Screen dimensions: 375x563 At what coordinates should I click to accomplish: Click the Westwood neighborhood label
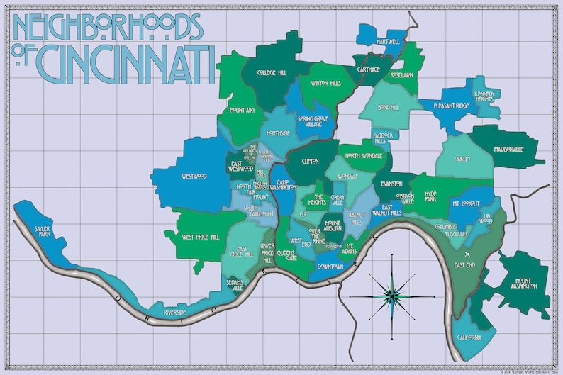(x=194, y=176)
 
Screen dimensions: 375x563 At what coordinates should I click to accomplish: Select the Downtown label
(x=330, y=267)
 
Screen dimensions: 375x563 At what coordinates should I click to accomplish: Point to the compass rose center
(x=391, y=296)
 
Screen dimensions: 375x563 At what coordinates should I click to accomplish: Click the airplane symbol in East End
(x=467, y=253)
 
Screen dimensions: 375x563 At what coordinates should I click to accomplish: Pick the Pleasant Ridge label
(x=451, y=106)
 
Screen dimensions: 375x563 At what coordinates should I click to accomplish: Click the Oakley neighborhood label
(x=462, y=159)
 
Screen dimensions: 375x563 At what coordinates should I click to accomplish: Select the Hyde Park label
(x=430, y=196)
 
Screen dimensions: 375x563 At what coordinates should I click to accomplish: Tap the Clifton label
(x=310, y=162)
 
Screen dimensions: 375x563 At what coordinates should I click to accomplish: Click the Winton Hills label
(x=325, y=83)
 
